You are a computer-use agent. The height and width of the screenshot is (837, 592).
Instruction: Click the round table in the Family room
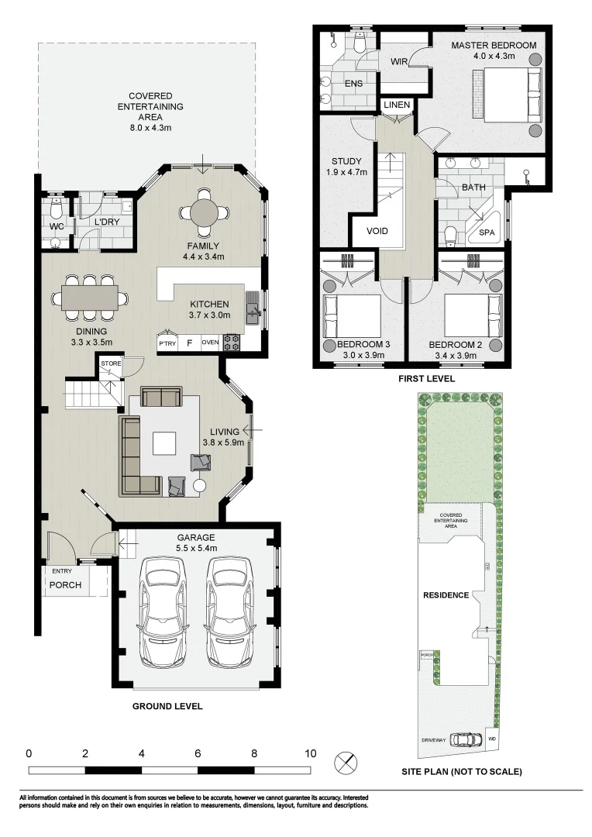202,212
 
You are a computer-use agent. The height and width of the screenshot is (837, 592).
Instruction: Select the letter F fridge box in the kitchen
188,342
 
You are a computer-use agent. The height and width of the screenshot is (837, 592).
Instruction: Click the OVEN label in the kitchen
210,342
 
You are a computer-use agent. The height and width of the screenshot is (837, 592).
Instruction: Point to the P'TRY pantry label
167,342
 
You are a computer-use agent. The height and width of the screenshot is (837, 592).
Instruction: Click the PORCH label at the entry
65,584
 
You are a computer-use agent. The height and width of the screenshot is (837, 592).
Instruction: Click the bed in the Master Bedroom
511,95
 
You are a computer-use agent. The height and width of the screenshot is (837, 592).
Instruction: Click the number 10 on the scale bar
310,753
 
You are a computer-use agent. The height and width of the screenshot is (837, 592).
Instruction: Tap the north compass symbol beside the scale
345,763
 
